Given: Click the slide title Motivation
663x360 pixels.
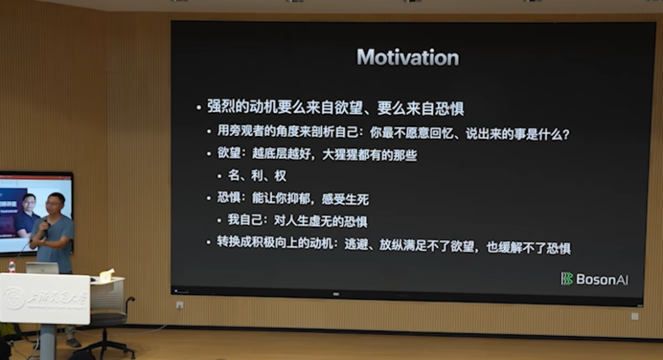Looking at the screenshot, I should click(407, 57).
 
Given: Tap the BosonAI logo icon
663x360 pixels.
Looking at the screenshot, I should click(566, 278).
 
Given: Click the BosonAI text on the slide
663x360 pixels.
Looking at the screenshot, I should click(602, 279).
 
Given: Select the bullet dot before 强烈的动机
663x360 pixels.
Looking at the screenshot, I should click(198, 108).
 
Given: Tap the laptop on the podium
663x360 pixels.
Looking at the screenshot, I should click(43, 268).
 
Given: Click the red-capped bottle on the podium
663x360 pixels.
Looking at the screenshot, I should click(12, 267).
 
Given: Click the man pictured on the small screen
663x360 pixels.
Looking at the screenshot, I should click(28, 211).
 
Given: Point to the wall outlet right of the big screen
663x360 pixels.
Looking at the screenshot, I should click(634, 316).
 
